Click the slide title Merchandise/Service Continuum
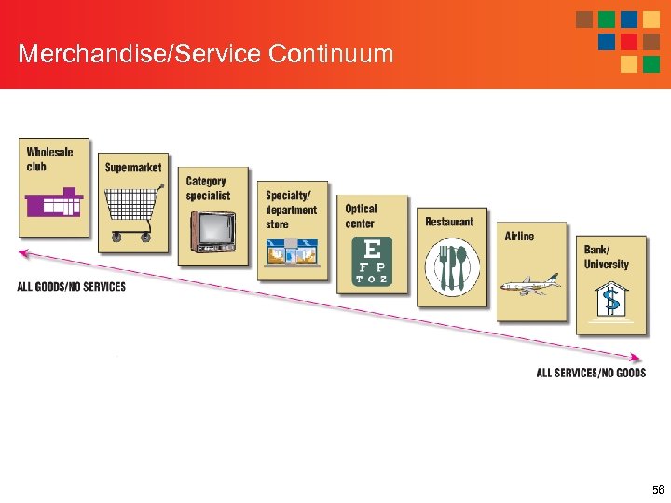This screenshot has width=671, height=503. pos(206,53)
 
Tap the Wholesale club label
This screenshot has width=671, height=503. pos(49,159)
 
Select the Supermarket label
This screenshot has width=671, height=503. pos(133,168)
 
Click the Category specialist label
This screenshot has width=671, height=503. pos(208,188)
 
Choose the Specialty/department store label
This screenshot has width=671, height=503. pos(291,210)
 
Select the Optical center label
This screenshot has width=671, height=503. pos(362,216)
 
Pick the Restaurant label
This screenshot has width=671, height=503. pos(449,222)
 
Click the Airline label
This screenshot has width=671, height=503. pos(520,237)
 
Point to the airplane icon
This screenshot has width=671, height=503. pos(530,284)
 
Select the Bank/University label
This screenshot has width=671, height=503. pos(607,257)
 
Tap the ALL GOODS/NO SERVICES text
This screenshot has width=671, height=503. pos(71,287)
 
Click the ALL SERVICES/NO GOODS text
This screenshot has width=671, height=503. pos(591,373)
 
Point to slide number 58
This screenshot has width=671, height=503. pos(658,489)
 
